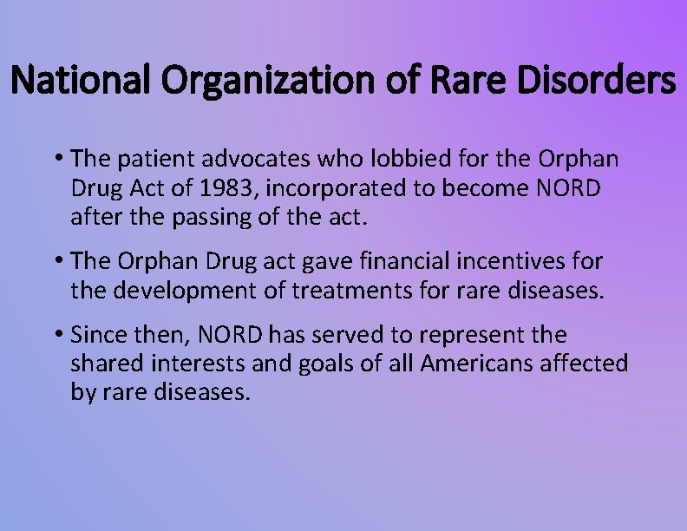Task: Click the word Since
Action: [x=97, y=334]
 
